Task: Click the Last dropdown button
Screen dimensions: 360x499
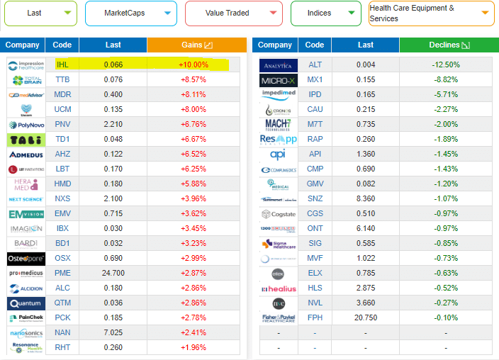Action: click(x=40, y=13)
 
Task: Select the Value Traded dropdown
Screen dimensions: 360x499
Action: click(x=233, y=13)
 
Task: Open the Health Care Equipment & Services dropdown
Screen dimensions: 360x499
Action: click(x=431, y=13)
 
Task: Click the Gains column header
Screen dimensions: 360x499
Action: click(x=193, y=45)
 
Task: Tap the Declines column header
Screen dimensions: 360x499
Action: click(x=445, y=45)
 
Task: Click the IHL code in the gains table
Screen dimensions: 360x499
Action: click(x=62, y=64)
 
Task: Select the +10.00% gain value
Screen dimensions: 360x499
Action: click(x=193, y=64)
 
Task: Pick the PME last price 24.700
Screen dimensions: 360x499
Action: click(x=113, y=273)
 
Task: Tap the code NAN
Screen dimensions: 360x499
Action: click(x=62, y=332)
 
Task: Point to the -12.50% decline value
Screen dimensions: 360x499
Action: click(x=445, y=64)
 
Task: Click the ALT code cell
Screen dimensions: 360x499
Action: click(x=315, y=64)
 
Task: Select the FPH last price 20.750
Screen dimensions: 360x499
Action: click(x=366, y=317)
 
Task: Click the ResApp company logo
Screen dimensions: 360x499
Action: click(x=279, y=139)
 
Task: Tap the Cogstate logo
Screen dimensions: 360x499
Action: click(x=279, y=213)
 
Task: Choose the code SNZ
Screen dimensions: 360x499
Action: click(x=315, y=198)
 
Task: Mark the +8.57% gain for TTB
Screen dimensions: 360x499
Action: click(x=193, y=79)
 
